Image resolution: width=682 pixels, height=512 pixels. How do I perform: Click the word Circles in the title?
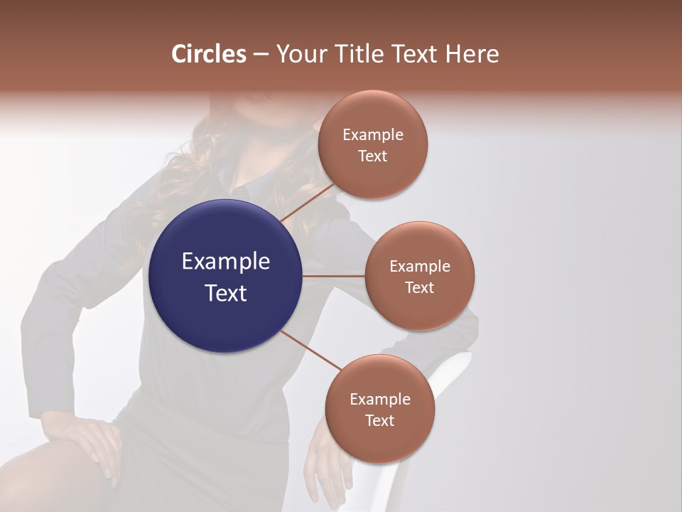point(208,54)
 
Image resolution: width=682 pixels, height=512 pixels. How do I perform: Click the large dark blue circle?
point(225,276)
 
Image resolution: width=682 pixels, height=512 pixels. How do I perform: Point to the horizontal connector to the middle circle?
point(333,276)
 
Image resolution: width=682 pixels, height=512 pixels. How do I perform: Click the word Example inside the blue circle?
point(225,261)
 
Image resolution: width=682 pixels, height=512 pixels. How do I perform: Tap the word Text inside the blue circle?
point(225,293)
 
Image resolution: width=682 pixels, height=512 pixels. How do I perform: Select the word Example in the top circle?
point(373,134)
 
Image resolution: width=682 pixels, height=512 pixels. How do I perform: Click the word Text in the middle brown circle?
point(420,287)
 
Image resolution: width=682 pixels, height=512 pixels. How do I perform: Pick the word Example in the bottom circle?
point(379,399)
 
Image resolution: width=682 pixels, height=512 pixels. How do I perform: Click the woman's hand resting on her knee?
point(92,441)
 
